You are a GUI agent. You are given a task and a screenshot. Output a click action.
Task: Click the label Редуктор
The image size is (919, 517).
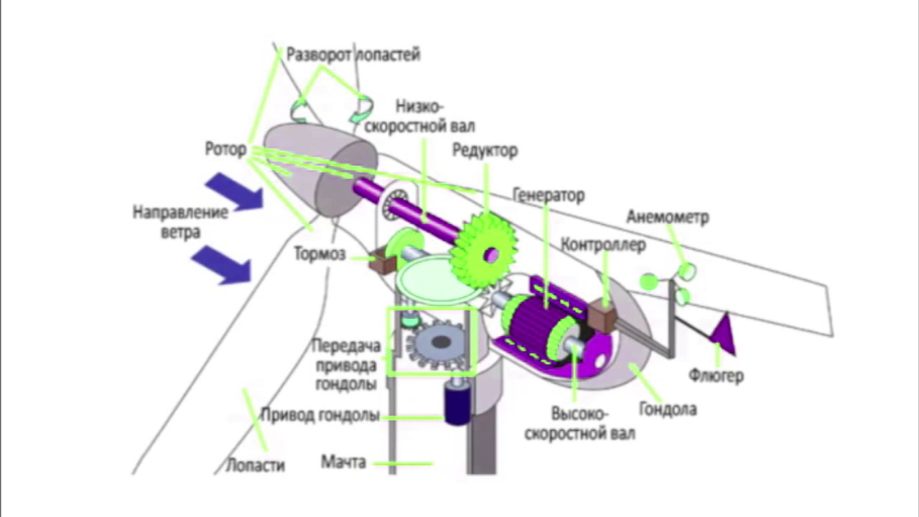pyautogui.click(x=485, y=151)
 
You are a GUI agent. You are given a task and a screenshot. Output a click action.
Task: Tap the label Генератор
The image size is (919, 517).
pyautogui.click(x=549, y=195)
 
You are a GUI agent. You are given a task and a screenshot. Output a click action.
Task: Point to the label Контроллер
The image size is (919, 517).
pyautogui.click(x=603, y=245)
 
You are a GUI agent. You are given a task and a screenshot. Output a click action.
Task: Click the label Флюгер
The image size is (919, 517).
pyautogui.click(x=716, y=376)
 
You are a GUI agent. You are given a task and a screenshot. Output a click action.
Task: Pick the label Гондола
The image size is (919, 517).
pyautogui.click(x=668, y=410)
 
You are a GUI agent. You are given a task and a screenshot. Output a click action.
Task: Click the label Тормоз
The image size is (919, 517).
pyautogui.click(x=319, y=254)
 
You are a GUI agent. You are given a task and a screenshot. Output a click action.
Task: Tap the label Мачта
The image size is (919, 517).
pyautogui.click(x=343, y=462)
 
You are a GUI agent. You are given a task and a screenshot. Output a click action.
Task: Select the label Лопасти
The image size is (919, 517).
pyautogui.click(x=256, y=465)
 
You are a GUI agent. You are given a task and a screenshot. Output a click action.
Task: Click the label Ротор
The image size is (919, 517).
pyautogui.click(x=225, y=149)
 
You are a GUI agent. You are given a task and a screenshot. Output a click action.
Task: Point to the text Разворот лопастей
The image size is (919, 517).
pyautogui.click(x=353, y=55)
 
